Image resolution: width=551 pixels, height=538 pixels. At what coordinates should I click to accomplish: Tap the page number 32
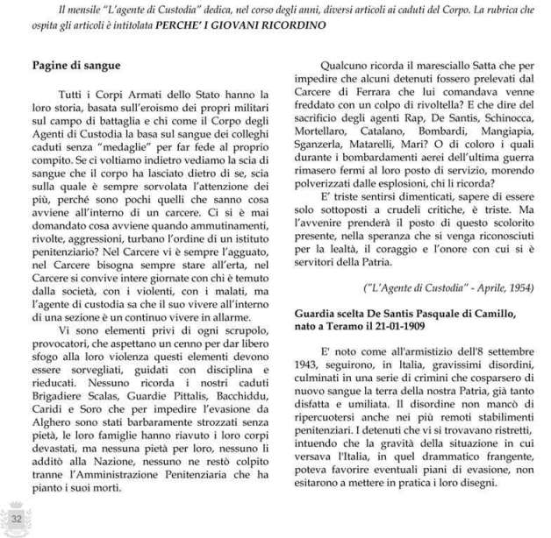coord(15,522)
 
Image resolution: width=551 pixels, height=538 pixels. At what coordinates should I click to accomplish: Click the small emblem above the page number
coord(15,507)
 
